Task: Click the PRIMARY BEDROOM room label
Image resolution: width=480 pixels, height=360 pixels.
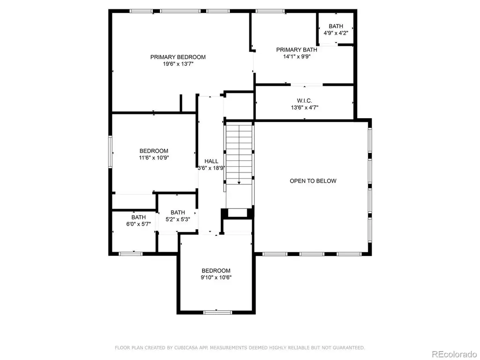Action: point(178,57)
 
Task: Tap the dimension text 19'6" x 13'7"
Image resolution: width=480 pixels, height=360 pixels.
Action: point(178,64)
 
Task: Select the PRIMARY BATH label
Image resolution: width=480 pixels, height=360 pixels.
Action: point(297,50)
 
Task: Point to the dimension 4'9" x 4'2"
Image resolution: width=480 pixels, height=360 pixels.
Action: point(336,33)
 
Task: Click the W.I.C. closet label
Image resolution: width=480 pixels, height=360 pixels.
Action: point(305,101)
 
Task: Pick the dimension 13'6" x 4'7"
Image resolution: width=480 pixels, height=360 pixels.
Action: point(305,107)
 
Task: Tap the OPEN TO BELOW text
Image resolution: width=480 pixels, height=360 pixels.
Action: point(313,181)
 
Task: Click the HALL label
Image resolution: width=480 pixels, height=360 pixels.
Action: point(211,161)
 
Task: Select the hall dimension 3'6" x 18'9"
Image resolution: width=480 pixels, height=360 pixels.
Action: point(211,168)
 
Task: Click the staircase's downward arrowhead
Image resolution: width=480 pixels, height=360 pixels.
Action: point(239,183)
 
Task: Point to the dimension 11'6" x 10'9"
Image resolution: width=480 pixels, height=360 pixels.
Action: point(154,158)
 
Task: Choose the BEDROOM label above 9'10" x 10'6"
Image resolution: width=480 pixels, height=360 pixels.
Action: point(216,270)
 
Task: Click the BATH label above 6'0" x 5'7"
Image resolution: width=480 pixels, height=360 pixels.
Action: point(138,217)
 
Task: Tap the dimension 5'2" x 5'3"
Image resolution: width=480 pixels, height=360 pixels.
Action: point(178,219)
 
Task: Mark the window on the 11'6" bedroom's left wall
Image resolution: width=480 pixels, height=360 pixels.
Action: point(111,151)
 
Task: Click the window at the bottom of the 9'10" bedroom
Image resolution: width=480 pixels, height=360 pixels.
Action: point(217,312)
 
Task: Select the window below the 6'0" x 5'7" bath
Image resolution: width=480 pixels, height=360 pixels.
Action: point(130,254)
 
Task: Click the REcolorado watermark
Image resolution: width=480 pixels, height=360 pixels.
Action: point(454,354)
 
